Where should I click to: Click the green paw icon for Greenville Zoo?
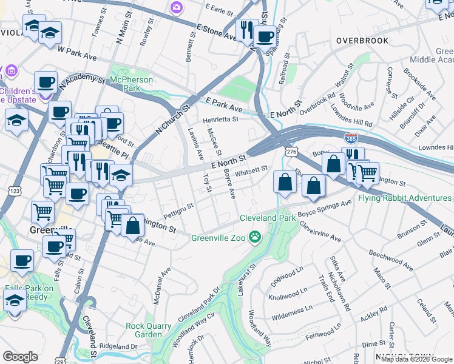256,237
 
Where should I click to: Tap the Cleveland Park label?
267,218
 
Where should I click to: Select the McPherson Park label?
129,84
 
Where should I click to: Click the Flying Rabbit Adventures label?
405,198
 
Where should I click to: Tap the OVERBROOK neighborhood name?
362,41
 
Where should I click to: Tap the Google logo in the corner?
21,356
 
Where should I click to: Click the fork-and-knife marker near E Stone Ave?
246,29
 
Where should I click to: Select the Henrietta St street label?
221,120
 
